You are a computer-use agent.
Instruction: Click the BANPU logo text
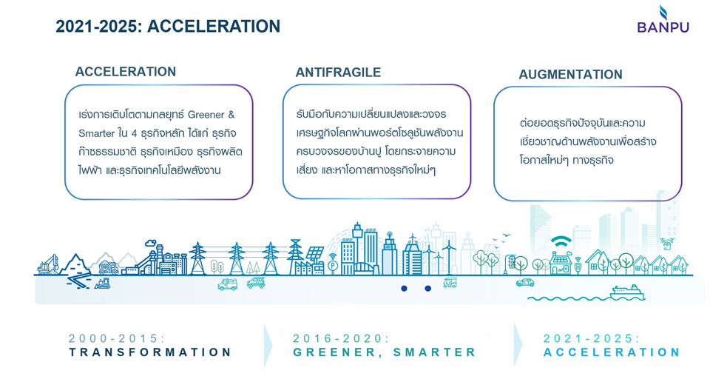[663, 27]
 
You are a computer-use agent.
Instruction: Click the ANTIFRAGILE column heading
[338, 73]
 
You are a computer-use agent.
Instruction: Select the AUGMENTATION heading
[570, 74]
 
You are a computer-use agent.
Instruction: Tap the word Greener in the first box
[206, 115]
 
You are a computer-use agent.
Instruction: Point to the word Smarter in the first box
[96, 133]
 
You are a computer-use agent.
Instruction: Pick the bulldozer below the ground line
[102, 284]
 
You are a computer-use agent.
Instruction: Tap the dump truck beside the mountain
[109, 268]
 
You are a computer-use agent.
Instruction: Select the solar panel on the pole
[315, 253]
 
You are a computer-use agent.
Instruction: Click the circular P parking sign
[333, 266]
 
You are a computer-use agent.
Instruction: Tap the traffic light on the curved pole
[511, 262]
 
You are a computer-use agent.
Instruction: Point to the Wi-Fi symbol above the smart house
[561, 241]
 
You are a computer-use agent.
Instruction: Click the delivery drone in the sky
[667, 244]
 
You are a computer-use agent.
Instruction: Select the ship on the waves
[626, 292]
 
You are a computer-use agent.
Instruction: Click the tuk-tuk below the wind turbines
[450, 282]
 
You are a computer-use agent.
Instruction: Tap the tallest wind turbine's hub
[449, 247]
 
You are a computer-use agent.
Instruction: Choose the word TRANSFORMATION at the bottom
[150, 352]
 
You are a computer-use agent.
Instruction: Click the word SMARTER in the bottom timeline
[435, 352]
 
